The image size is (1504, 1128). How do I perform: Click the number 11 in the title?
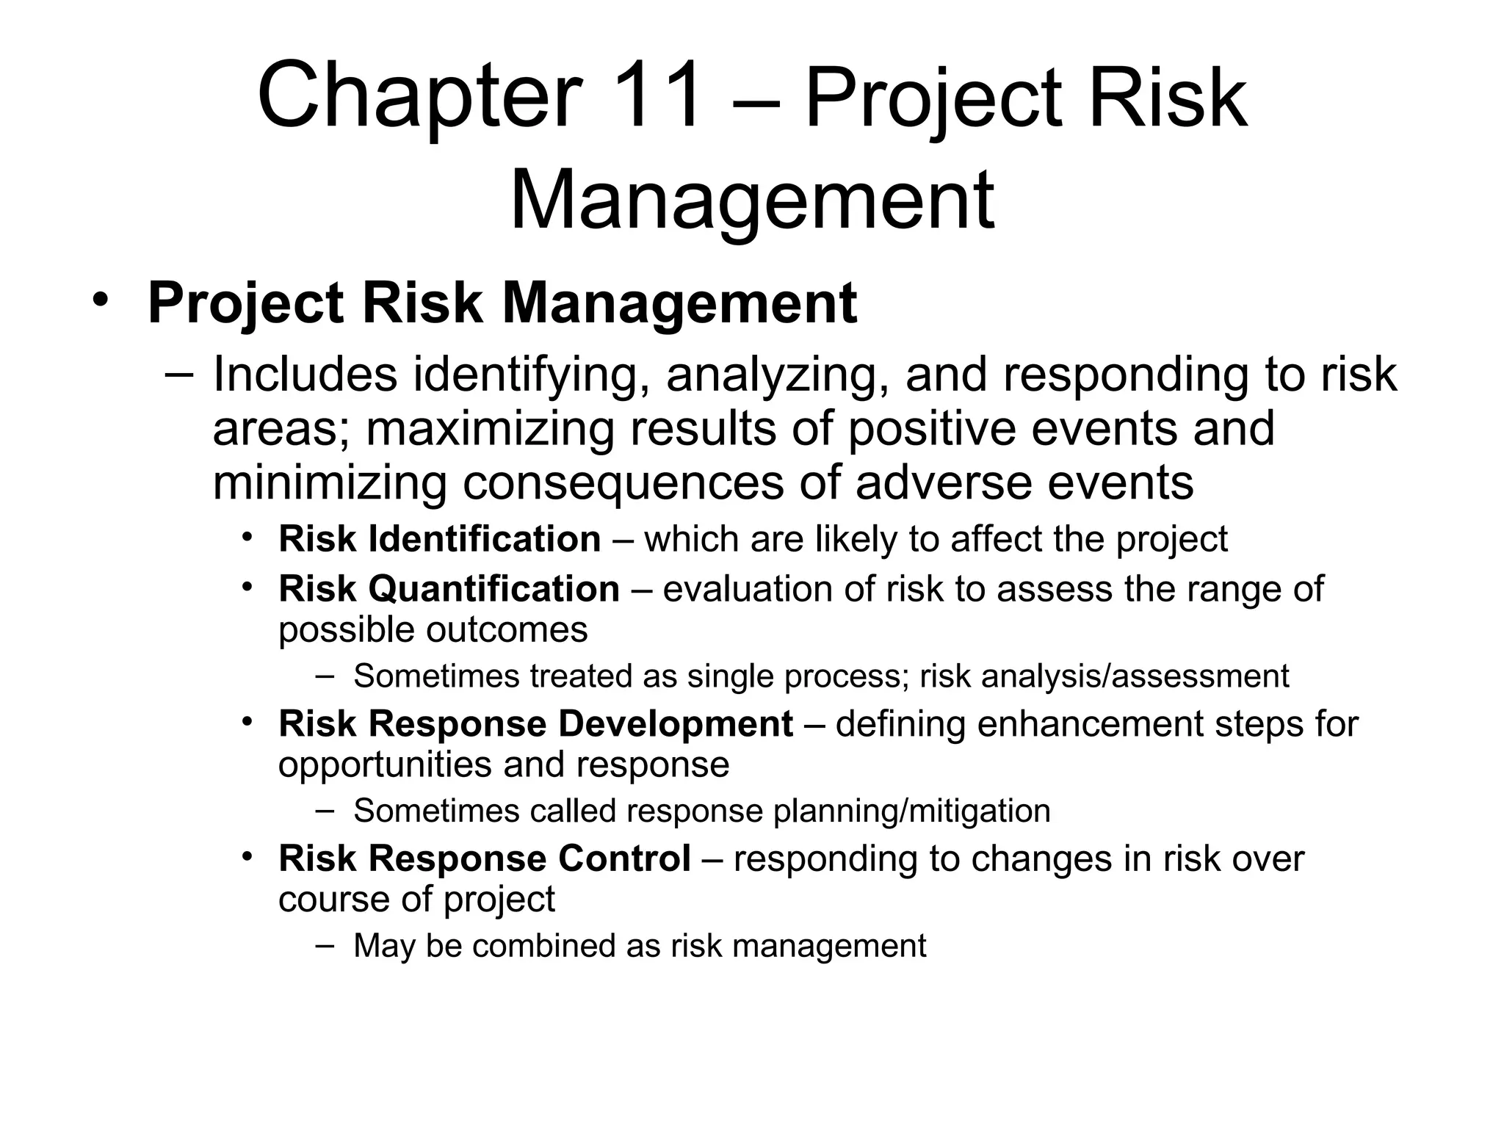tap(659, 98)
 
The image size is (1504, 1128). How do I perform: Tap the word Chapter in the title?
tap(418, 98)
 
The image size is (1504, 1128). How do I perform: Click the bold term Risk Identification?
tap(439, 539)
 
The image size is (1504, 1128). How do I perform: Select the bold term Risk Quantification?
tap(449, 589)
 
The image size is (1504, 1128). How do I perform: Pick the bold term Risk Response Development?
tap(535, 724)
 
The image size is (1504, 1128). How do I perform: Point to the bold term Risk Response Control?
tap(484, 858)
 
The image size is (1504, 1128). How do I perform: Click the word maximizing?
tap(489, 429)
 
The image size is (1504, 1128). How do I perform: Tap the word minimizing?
tap(329, 483)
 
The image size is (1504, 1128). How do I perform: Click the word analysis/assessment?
tap(1135, 676)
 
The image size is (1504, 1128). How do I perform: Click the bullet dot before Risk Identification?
tap(248, 536)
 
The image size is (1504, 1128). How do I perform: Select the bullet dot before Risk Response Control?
tap(248, 856)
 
